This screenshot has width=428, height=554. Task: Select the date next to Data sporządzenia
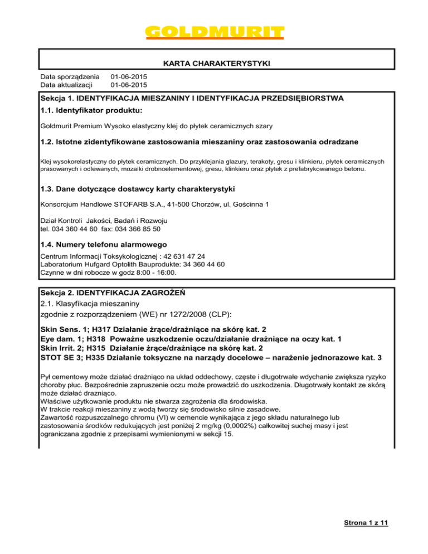[x=129, y=76]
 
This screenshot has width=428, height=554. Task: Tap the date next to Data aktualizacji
[x=129, y=85]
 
